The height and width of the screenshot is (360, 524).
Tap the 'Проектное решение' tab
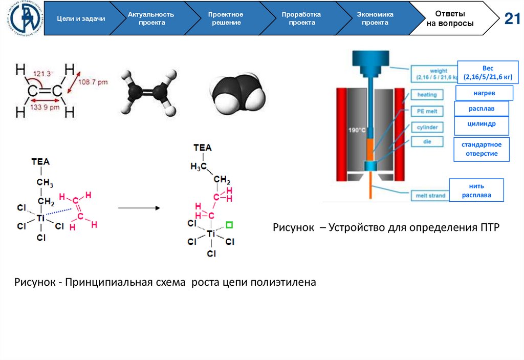click(226, 18)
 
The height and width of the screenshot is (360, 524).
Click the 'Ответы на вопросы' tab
click(450, 18)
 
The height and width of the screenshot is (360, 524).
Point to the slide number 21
click(512, 19)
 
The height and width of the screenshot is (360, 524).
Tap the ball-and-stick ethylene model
click(148, 92)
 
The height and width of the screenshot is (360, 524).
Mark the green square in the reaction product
click(229, 224)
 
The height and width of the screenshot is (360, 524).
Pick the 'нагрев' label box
click(484, 93)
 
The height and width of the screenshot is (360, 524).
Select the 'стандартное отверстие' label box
click(482, 149)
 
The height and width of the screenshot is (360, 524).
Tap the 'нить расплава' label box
click(476, 190)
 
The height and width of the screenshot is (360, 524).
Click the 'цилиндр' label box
click(482, 124)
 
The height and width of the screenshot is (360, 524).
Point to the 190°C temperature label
click(356, 130)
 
